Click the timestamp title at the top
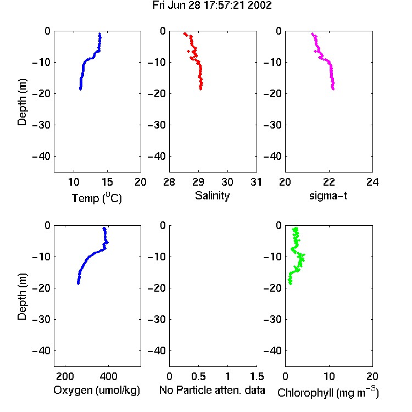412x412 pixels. pos(212,5)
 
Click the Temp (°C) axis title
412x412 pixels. pos(97,198)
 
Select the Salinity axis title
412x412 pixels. pos(212,196)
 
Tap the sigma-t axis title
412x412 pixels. pos(328,196)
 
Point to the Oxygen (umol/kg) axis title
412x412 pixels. pos(97,391)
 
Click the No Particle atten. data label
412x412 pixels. pos(212,390)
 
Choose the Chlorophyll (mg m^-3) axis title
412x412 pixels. pos(328,392)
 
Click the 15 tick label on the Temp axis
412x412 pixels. pos(107,182)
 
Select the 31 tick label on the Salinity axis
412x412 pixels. pos(256,182)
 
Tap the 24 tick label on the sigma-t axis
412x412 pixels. pos(372,182)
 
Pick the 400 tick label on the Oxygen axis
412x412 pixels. pos(109,376)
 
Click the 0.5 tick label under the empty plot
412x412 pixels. pos(198,376)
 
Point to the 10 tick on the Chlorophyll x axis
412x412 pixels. pos(329,376)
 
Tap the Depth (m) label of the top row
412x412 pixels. pos(22,102)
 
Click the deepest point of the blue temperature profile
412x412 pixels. pos(80,89)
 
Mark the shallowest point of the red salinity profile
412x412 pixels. pos(185,34)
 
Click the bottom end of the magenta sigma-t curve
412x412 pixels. pos(333,89)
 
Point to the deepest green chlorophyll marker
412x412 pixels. pos(290,283)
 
